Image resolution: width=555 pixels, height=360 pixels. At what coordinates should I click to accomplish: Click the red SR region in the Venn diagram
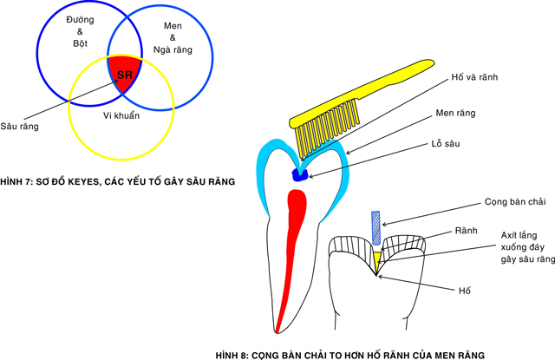point(123,75)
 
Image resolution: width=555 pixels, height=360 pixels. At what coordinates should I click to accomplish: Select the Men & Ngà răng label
point(176,39)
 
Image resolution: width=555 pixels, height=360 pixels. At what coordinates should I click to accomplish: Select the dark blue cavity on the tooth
point(299,174)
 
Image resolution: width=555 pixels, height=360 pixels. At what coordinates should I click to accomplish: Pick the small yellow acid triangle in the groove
point(376,258)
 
